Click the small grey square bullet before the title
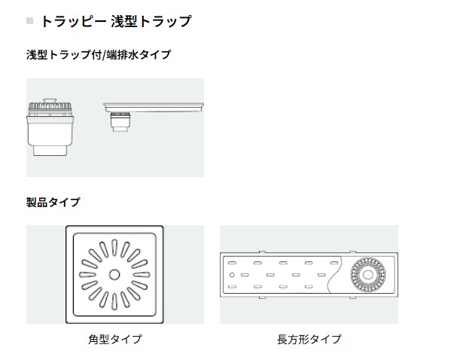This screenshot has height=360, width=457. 29,21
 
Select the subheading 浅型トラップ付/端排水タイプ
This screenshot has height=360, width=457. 98,54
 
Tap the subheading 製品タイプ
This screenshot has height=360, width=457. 53,202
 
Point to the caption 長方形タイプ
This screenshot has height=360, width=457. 309,339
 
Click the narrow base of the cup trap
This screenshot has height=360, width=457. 50,151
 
